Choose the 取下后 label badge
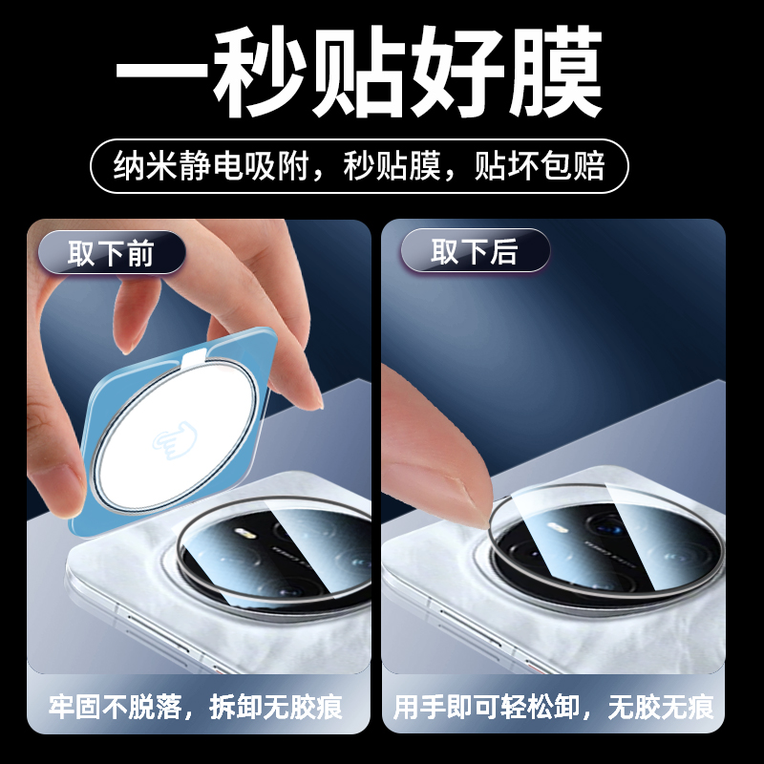point(475,253)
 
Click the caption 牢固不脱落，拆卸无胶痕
point(197,708)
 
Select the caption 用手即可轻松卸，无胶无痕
point(553,708)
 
